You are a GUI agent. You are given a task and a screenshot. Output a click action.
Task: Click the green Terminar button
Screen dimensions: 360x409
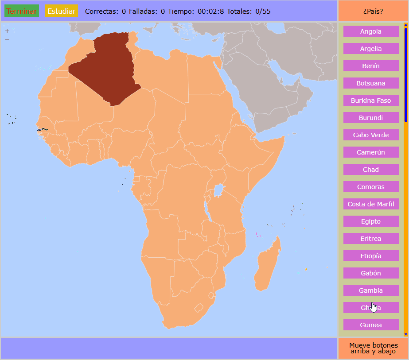tap(22, 11)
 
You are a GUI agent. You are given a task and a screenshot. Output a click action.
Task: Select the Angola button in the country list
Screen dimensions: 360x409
tap(371, 31)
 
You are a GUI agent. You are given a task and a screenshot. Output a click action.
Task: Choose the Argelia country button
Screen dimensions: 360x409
tap(371, 49)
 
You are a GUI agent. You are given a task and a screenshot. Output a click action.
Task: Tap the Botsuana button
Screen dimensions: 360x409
tap(371, 83)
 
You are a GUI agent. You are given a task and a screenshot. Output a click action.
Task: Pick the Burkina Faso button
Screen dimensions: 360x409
tap(371, 101)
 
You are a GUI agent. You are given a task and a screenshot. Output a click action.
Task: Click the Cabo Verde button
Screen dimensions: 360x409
tap(371, 135)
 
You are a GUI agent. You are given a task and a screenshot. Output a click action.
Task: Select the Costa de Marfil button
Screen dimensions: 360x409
tap(371, 204)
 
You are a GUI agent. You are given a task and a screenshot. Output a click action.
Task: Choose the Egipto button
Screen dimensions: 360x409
tap(371, 221)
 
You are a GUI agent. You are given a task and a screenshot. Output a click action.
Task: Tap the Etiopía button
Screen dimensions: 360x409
tap(371, 256)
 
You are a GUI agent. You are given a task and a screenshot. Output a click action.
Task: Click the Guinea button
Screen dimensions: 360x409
tap(371, 325)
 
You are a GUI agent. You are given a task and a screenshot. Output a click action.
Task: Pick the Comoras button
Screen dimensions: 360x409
tap(371, 187)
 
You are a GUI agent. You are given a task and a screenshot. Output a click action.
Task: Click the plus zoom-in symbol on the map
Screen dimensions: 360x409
tap(7, 31)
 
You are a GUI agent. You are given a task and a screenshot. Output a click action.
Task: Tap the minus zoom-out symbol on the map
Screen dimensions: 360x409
tap(7, 39)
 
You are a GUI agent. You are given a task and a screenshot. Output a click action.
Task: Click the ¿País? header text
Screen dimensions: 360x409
tap(373, 11)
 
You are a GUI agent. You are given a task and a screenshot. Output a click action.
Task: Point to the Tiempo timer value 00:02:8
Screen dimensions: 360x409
tap(210, 11)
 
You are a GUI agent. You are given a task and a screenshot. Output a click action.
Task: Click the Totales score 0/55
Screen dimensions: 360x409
tap(263, 11)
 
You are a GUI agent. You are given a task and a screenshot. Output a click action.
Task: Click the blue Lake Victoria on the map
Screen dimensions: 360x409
tap(218, 191)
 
